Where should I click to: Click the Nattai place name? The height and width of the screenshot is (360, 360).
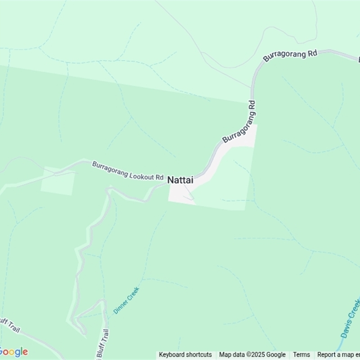tap(180, 180)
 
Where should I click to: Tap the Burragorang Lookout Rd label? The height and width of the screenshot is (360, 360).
tap(127, 171)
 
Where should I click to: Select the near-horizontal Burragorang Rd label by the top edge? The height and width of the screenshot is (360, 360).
tap(290, 56)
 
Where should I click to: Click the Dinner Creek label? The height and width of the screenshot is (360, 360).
tap(126, 301)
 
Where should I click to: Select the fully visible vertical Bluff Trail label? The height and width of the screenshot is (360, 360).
tap(104, 345)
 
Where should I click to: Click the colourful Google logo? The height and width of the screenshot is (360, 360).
tap(13, 352)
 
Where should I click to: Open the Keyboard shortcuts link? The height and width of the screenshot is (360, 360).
tap(185, 355)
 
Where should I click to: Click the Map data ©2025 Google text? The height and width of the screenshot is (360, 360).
tap(252, 355)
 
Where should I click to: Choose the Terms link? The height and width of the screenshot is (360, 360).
tap(301, 355)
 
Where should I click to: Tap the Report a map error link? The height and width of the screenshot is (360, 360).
tap(338, 355)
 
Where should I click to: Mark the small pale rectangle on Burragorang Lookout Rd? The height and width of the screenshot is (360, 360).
tap(58, 181)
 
